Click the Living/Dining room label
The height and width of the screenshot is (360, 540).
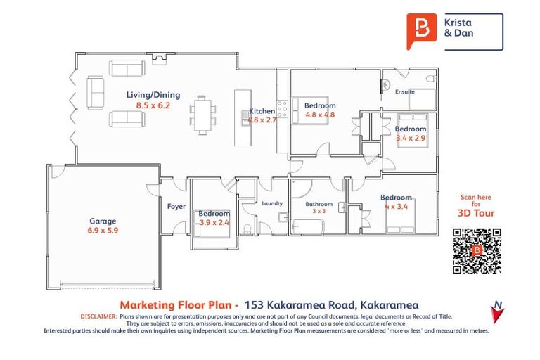[x=153, y=95]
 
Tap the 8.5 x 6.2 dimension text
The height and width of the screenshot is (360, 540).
[x=153, y=105]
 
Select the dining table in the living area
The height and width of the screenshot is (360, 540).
[x=203, y=114]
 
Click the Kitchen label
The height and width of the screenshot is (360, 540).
[x=262, y=111]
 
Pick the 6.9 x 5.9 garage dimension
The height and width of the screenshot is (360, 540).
[x=103, y=231]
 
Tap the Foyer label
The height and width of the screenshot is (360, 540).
[x=176, y=207]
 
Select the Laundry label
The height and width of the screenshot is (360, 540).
[x=271, y=204]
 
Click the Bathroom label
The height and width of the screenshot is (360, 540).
[x=319, y=204]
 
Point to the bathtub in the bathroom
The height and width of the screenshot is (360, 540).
[x=307, y=226]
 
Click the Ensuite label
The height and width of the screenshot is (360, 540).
[x=404, y=92]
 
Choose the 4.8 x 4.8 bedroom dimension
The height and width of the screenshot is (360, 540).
[x=319, y=115]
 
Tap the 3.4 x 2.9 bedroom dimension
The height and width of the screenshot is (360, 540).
[x=410, y=139]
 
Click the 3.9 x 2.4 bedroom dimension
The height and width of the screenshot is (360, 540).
[x=214, y=222]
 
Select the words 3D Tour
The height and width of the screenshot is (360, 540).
[x=476, y=213]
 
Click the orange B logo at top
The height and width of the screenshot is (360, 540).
[x=422, y=30]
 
